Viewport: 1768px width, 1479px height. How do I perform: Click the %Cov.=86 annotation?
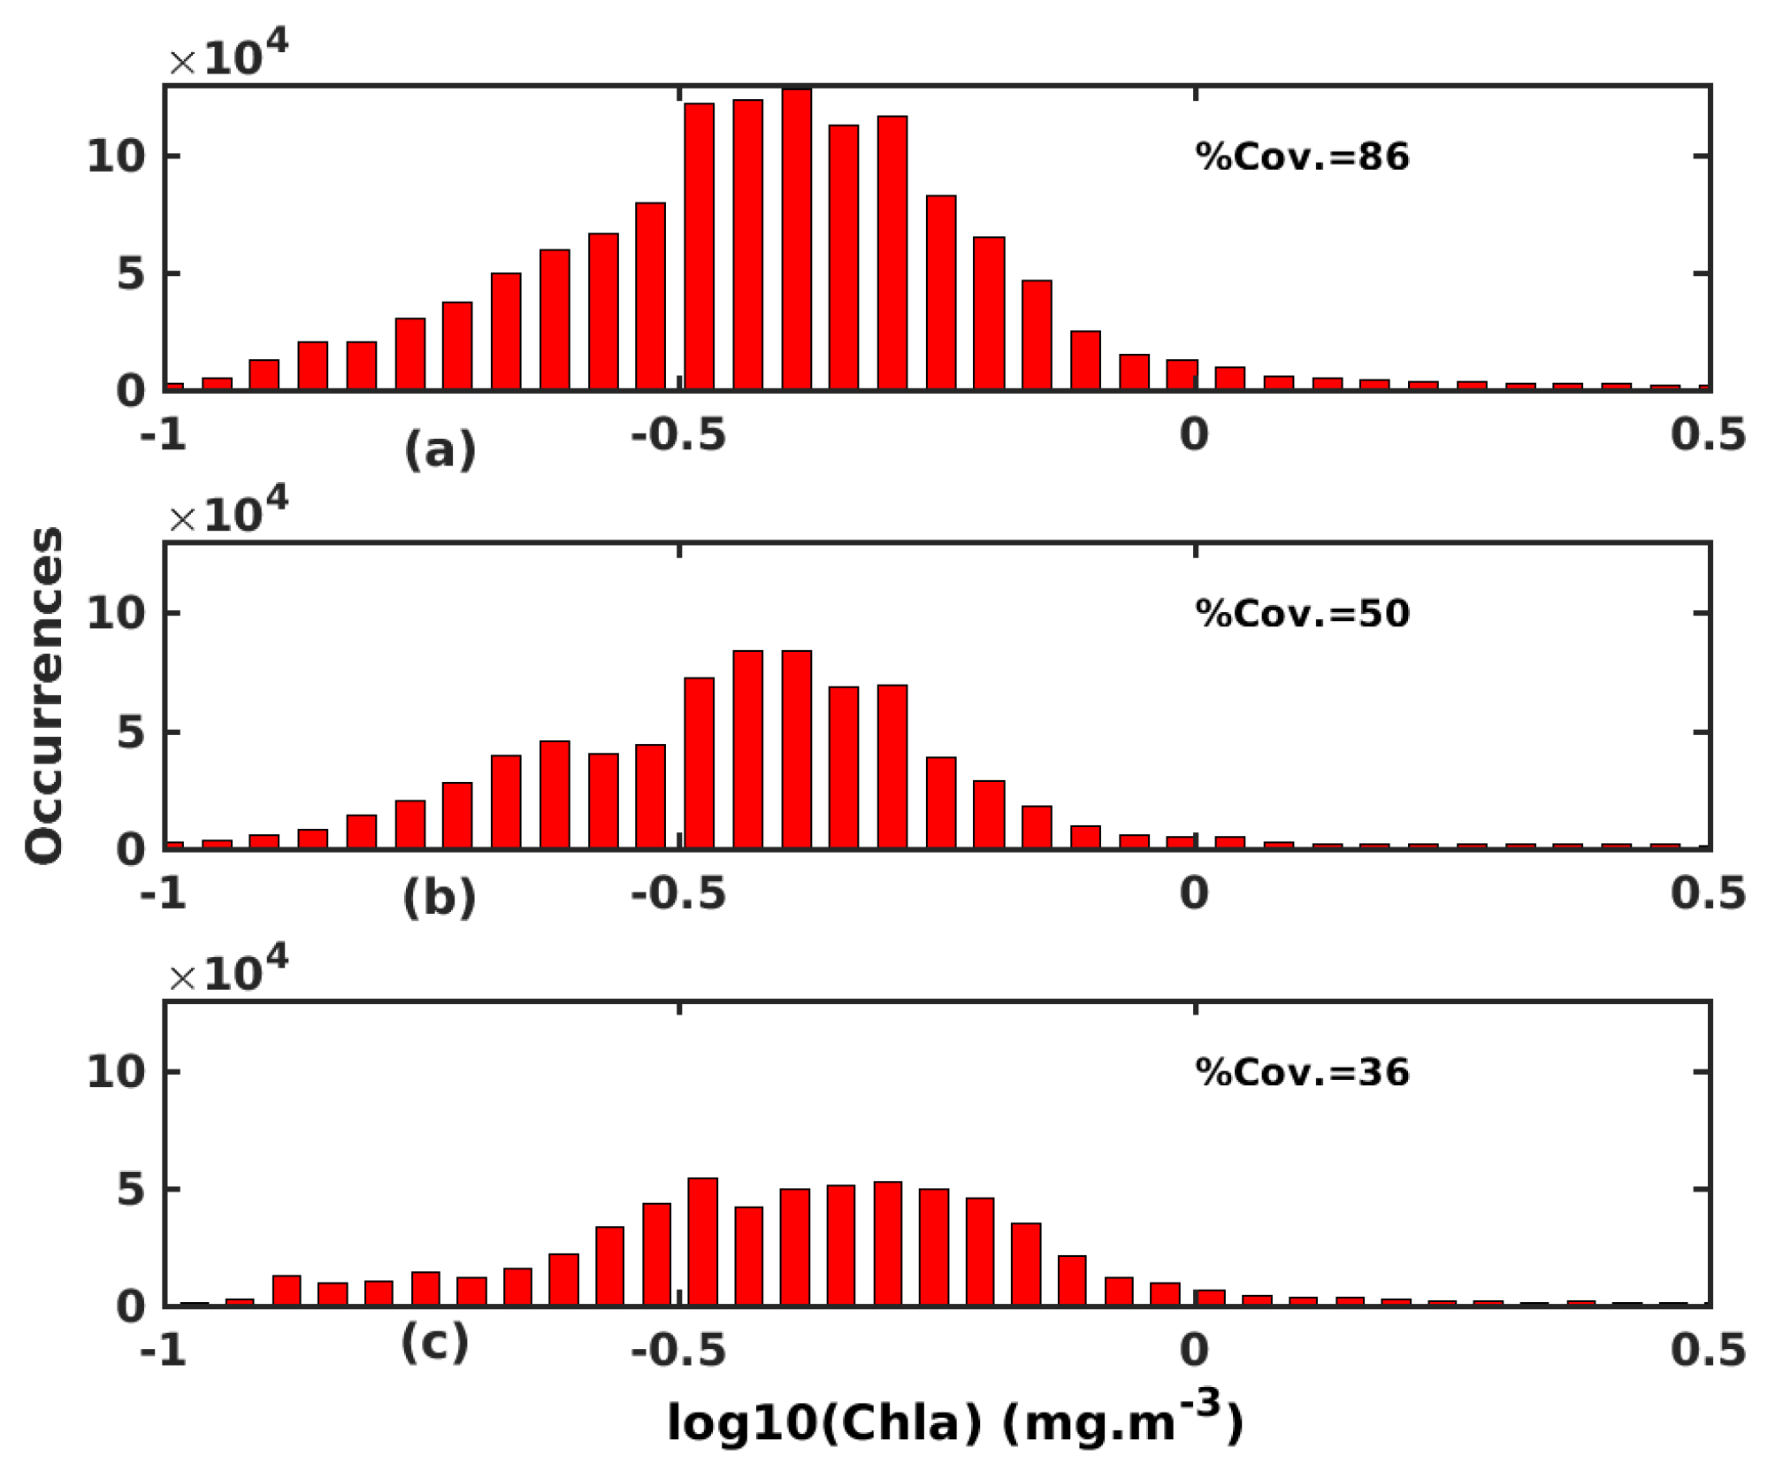pos(1301,157)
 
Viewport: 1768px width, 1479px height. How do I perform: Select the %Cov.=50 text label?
pos(1301,614)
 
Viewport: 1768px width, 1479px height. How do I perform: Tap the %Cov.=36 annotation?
pos(1301,1072)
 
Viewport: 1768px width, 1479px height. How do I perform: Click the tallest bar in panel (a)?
pos(796,239)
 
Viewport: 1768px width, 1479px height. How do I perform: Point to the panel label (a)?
pos(440,449)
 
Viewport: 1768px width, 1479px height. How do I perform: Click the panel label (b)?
pos(440,899)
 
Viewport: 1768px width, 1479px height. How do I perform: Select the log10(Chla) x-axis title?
pos(955,1422)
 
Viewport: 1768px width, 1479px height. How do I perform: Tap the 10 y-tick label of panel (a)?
pos(115,157)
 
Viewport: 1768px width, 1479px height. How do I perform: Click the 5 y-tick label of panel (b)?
pos(130,733)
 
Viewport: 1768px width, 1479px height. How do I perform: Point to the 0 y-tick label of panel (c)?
pos(130,1307)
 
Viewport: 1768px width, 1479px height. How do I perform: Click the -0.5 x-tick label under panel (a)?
pos(678,435)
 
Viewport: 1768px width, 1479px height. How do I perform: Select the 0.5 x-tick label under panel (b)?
pos(1707,893)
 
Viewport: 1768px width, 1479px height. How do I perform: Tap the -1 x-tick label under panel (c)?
pos(164,1351)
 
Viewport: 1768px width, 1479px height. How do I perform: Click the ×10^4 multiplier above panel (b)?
pos(228,512)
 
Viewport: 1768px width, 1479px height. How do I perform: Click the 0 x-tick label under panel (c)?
pos(1193,1351)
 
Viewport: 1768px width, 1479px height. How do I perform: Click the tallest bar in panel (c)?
pos(702,1242)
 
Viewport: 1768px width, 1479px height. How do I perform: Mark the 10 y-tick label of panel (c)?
pos(115,1072)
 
